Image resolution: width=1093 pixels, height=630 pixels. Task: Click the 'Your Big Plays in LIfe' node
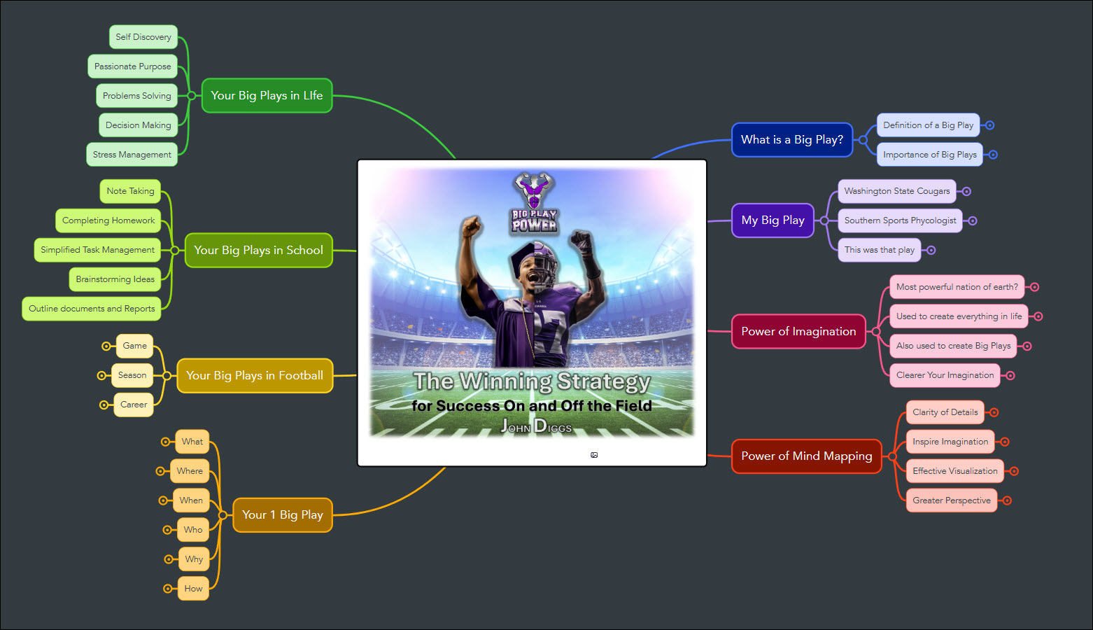pos(267,96)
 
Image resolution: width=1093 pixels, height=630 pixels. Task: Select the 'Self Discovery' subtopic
pos(143,37)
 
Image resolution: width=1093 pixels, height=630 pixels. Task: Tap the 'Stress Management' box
pos(132,155)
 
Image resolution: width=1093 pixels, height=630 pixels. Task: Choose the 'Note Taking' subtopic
pos(130,191)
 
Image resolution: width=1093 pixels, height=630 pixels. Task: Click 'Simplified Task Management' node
pos(97,250)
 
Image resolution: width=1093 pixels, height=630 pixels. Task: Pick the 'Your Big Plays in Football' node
pos(255,376)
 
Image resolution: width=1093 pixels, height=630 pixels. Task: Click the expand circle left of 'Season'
pos(101,376)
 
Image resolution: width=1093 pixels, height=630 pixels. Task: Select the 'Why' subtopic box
pos(194,559)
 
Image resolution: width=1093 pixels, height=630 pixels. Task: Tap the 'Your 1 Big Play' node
pos(283,514)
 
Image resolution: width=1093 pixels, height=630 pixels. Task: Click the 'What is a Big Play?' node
pos(792,140)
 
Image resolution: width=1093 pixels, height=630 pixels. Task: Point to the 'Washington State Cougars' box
pos(897,191)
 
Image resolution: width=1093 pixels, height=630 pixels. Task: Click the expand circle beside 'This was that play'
pos(931,251)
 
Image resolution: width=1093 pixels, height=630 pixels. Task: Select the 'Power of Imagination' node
pos(799,332)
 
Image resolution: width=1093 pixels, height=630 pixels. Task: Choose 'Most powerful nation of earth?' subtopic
pos(957,287)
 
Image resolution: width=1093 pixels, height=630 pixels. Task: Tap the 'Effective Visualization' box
pos(955,471)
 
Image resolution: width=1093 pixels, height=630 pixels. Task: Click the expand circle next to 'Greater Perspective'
pos(1007,500)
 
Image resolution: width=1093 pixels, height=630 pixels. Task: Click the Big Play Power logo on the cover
pos(535,202)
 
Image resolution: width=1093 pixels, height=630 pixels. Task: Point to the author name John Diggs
pos(536,426)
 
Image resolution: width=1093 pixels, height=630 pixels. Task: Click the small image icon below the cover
pos(594,455)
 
